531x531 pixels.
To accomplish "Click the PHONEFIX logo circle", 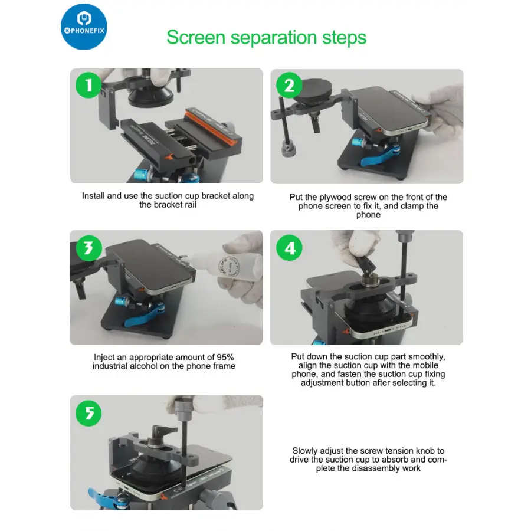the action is click(x=84, y=27).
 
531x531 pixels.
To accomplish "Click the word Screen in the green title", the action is click(x=196, y=37).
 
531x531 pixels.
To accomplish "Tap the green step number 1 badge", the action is click(x=88, y=85).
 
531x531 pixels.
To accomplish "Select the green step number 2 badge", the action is click(x=289, y=85).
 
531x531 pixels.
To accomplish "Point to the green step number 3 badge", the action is click(x=88, y=248).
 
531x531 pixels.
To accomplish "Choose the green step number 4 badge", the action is click(x=289, y=248).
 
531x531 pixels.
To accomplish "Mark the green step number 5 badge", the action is click(x=88, y=413).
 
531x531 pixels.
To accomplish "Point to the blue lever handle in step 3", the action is click(x=145, y=315).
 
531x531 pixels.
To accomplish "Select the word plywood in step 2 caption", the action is click(x=336, y=197).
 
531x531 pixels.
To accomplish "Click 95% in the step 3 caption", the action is click(x=225, y=358).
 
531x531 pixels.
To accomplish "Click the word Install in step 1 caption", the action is click(x=93, y=196).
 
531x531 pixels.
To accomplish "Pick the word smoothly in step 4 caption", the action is click(x=427, y=356).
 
